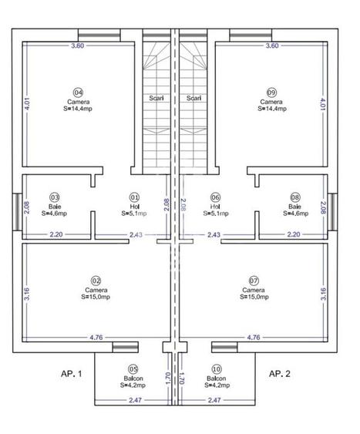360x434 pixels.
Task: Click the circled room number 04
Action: point(78,91)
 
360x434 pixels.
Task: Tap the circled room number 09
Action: point(271,91)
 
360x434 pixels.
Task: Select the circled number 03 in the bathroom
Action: point(55,197)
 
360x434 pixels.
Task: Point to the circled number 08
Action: point(294,197)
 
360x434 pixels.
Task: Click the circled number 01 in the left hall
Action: point(135,197)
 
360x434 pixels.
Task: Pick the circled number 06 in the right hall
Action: point(215,197)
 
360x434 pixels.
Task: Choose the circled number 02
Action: point(96,280)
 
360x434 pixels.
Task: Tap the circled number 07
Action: point(254,280)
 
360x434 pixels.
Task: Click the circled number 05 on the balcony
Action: point(133,369)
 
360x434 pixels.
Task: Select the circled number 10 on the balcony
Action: point(217,369)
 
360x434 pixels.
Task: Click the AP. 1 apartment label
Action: point(71,373)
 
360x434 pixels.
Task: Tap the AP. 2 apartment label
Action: point(278,373)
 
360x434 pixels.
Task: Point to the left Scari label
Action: point(155,98)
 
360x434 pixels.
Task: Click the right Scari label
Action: point(194,98)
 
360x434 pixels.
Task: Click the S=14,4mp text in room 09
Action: point(271,109)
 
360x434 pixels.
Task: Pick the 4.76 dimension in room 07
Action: point(253,337)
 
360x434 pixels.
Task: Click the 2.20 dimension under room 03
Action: point(56,234)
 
